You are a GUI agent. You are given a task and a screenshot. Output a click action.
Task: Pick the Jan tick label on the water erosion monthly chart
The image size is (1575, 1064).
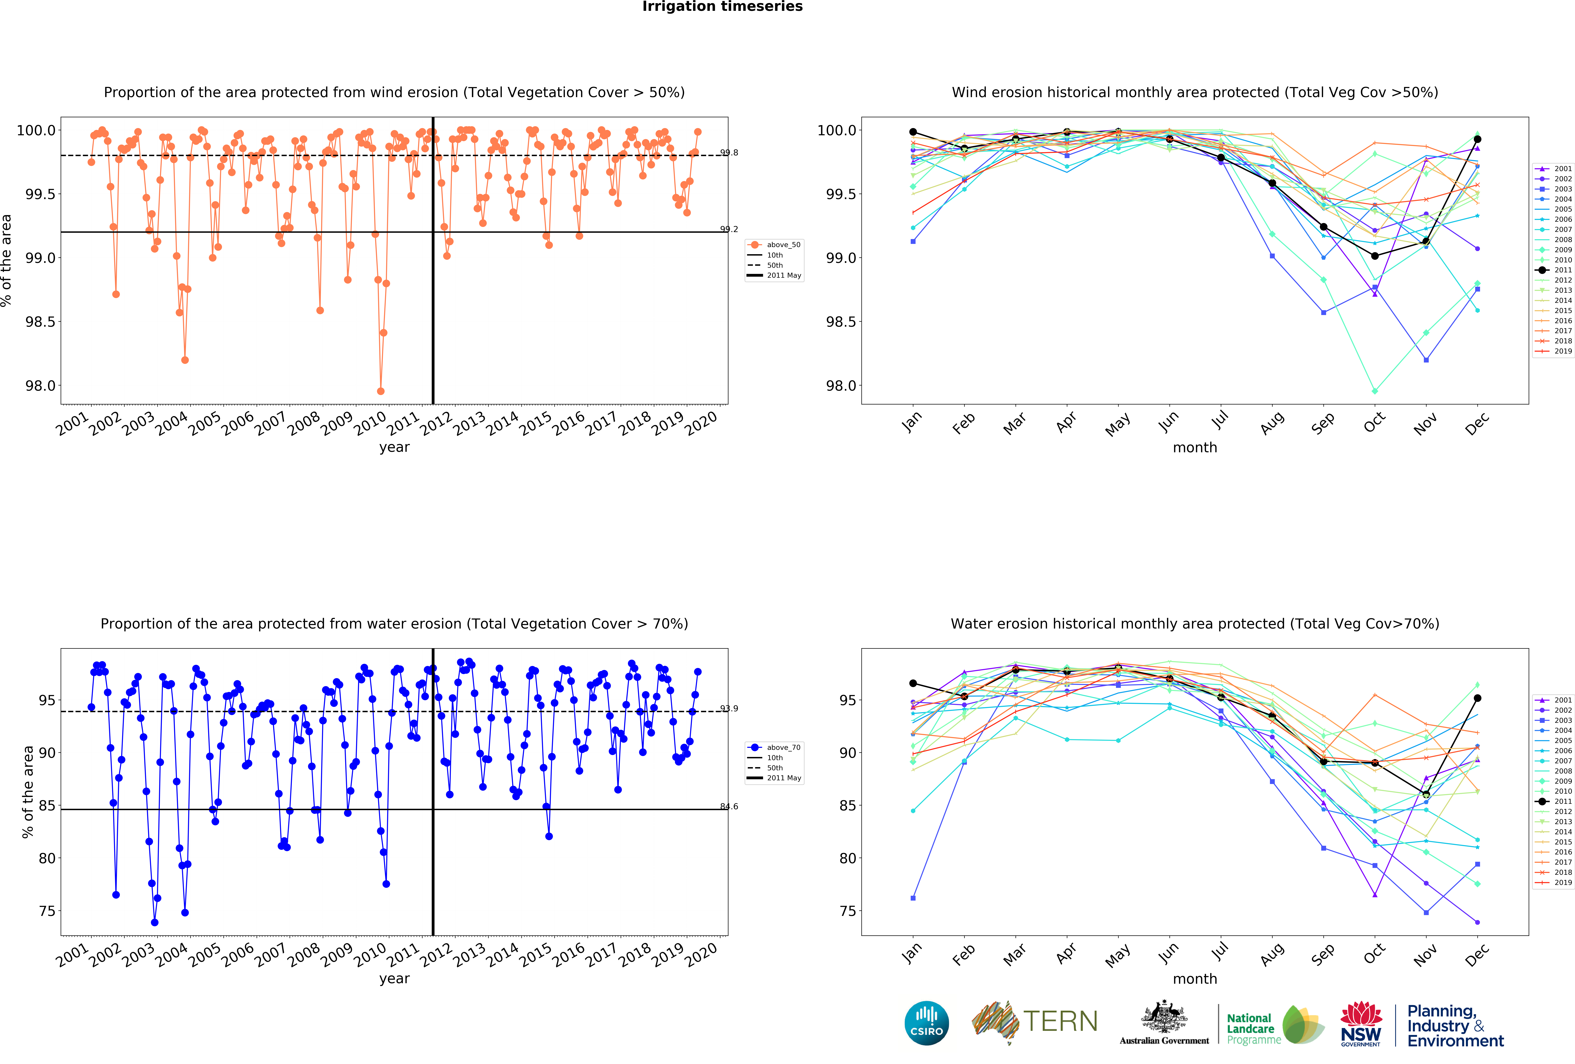pos(912,953)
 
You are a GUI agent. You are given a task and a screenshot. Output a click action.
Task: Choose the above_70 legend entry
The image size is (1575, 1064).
pos(783,747)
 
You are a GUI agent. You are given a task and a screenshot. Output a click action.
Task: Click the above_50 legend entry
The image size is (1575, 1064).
pos(783,245)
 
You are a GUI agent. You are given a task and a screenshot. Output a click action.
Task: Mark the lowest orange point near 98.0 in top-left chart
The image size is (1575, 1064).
pos(381,391)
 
